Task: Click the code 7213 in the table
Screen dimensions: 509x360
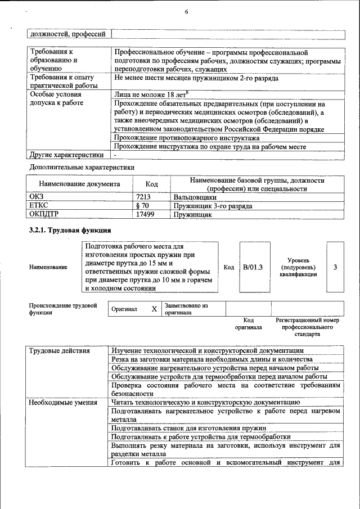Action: point(144,197)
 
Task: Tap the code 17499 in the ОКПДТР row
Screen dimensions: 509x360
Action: point(145,214)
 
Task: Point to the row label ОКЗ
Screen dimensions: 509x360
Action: point(37,197)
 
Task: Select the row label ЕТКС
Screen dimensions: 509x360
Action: point(38,206)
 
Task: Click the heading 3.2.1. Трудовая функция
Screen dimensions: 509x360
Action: point(70,231)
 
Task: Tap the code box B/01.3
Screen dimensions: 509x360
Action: point(254,267)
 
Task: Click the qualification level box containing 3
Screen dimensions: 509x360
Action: point(335,267)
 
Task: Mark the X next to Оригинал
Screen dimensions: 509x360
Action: point(154,309)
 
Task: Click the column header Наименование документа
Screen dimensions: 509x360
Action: point(79,184)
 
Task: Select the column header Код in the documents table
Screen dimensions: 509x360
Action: point(151,184)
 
